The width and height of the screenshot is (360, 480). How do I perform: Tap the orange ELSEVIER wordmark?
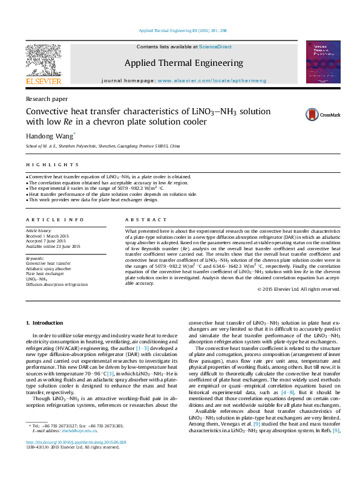pos(43,80)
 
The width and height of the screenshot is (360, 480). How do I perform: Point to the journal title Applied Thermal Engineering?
pos(183,63)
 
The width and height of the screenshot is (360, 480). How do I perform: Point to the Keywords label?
pos(35,258)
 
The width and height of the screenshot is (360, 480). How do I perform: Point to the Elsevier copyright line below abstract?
pos(299,289)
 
